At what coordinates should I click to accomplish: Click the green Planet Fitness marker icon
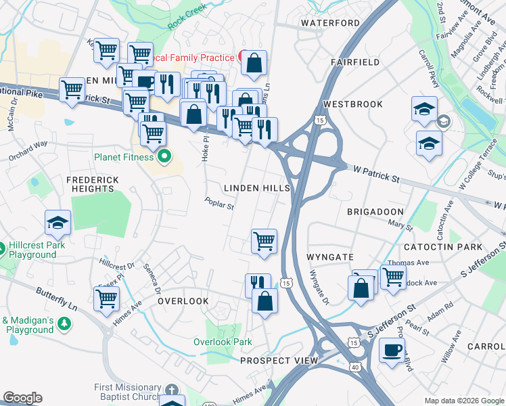coord(164,158)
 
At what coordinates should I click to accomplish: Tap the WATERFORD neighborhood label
coord(331,23)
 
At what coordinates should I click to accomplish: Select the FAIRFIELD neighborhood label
coord(355,62)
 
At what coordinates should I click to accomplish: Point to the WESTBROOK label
coord(353,104)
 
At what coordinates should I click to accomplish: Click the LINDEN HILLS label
coord(257,188)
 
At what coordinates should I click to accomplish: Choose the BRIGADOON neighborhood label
coord(375,212)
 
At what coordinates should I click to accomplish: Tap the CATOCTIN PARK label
coord(453,248)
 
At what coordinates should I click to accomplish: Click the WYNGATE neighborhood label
coord(330,258)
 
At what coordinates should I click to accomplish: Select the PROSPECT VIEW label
coord(279,361)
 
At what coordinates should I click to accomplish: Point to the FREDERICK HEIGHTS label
coord(93,184)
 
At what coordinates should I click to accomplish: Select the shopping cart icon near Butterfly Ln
coord(106,298)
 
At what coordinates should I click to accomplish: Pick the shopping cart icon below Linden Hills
coord(263,240)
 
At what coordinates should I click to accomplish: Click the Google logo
coord(22,398)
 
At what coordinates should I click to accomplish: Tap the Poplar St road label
coord(220,202)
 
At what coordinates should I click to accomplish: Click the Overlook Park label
coord(223,342)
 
